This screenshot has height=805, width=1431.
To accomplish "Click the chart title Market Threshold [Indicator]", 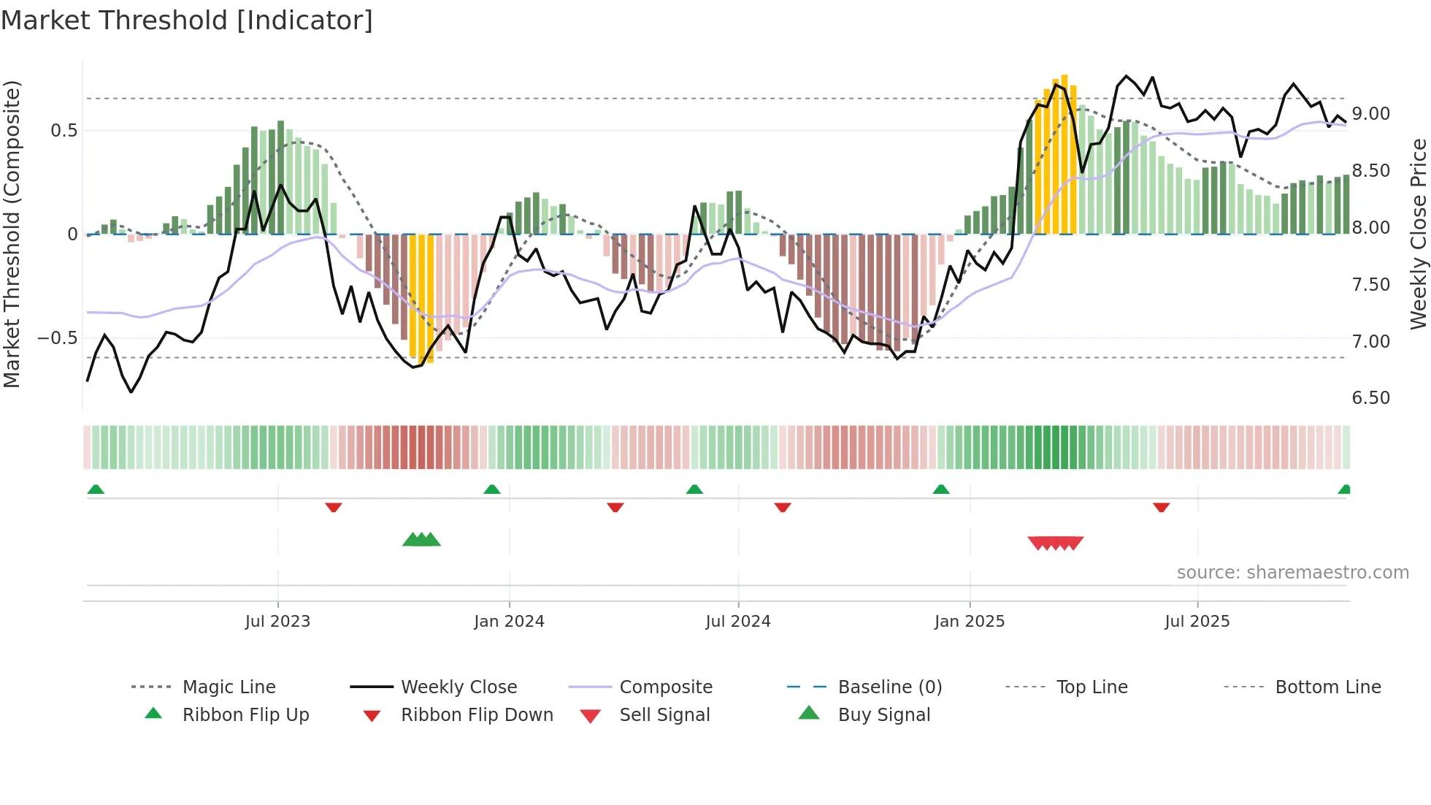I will tap(187, 20).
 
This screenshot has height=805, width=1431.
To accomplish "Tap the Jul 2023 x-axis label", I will tap(277, 622).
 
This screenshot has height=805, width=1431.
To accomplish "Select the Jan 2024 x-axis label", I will tap(509, 622).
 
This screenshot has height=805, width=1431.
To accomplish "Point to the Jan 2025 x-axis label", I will tap(970, 622).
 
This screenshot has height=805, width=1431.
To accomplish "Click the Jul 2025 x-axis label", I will tap(1197, 622).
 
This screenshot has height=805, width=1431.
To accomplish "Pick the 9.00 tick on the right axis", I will tap(1370, 114).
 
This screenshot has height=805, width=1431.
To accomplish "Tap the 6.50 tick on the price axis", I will tap(1370, 398).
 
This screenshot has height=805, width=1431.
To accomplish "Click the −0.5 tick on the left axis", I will tap(57, 338).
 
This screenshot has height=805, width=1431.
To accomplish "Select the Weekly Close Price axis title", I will tap(1418, 234).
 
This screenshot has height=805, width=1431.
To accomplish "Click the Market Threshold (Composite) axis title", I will tap(12, 234).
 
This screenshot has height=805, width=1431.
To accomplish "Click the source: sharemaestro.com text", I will tap(1292, 573).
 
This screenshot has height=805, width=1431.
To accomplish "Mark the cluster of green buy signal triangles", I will tap(421, 540).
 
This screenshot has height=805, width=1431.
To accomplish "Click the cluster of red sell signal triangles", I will tap(1055, 543).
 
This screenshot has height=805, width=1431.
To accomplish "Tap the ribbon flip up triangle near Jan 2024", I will tap(492, 489).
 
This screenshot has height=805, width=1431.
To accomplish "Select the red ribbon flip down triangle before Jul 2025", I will tap(1162, 507).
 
